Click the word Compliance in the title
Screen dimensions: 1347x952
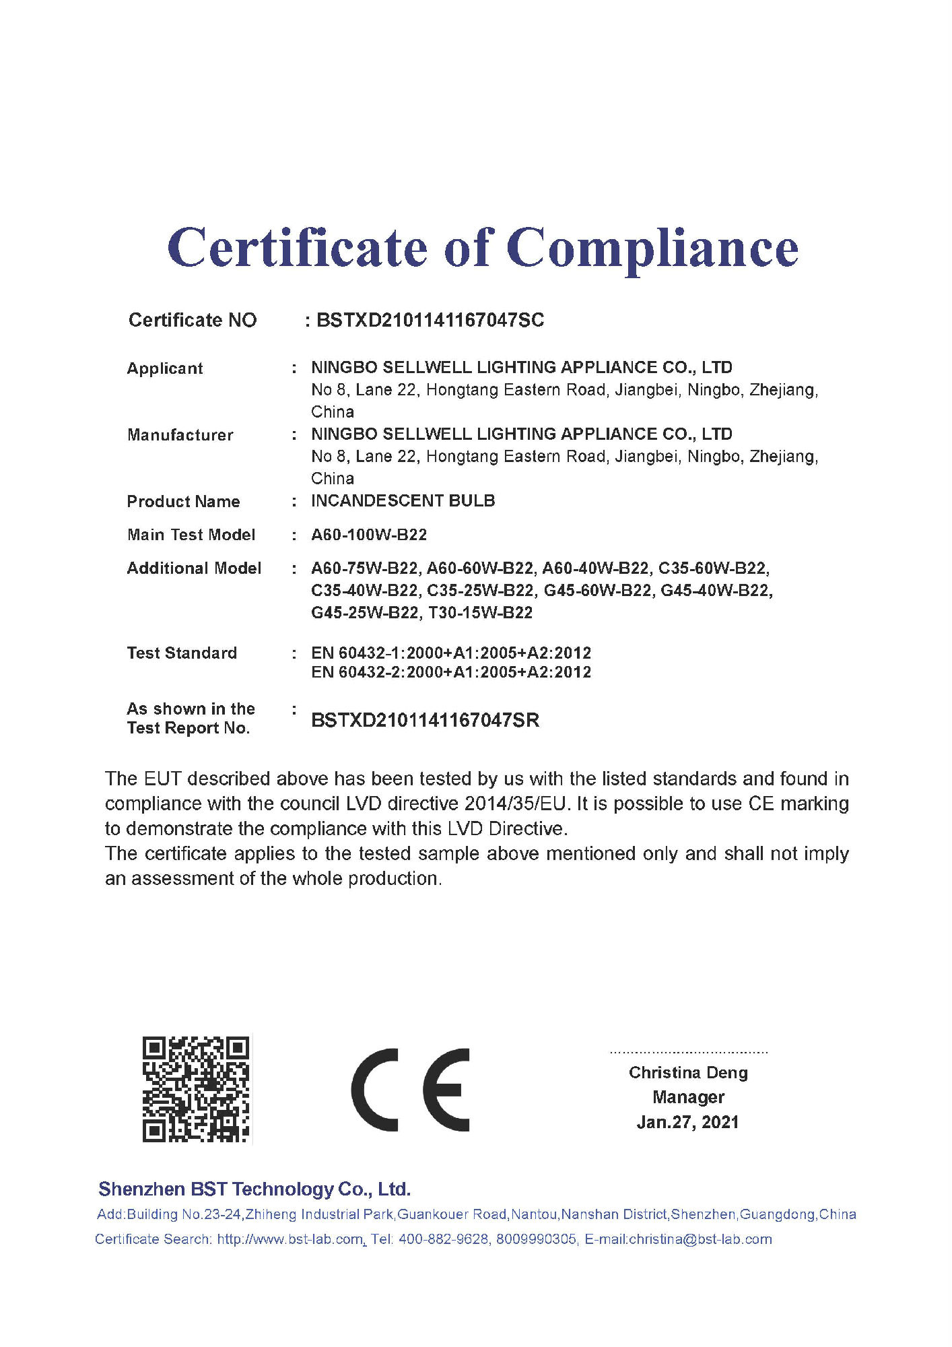pos(652,248)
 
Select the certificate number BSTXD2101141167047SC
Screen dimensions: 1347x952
pos(430,320)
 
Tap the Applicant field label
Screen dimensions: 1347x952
pos(165,368)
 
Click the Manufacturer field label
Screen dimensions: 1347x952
pos(180,435)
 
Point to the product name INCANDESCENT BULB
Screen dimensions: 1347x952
pos(403,500)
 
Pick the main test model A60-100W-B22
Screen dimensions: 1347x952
pos(369,535)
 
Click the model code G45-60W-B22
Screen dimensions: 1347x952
pos(598,591)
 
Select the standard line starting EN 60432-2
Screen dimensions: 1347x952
pos(451,672)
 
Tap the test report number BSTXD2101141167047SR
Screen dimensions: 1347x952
pos(425,720)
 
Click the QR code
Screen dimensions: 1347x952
pos(196,1089)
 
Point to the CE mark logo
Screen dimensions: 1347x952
pos(410,1089)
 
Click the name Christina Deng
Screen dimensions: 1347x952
pos(688,1072)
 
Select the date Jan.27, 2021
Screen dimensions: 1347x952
pos(687,1122)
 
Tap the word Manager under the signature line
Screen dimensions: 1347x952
pos(688,1097)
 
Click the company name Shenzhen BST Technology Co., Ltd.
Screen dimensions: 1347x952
pos(254,1189)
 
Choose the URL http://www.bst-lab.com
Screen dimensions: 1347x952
pos(290,1239)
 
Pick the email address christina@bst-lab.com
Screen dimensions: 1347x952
pos(700,1239)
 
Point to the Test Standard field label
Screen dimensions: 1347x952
pos(182,653)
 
